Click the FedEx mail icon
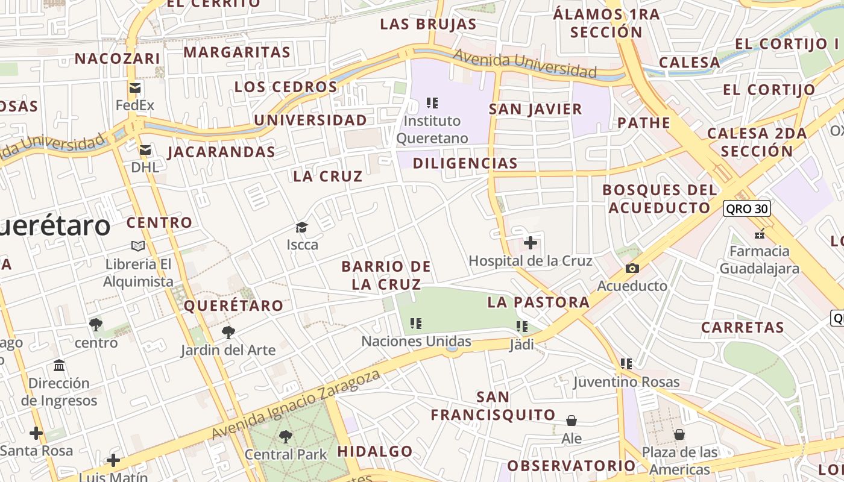tap(135, 88)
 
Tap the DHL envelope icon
tap(145, 150)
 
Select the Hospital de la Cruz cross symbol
tap(531, 243)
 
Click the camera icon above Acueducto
tap(632, 268)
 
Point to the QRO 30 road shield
tap(747, 208)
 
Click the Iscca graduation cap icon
tap(301, 227)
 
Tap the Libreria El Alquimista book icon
tap(138, 246)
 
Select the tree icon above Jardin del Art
tap(228, 332)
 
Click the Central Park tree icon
tap(286, 436)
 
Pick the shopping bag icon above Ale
tap(571, 420)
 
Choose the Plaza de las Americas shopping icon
tap(679, 434)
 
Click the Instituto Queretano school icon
tap(432, 102)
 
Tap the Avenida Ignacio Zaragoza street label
tap(296, 404)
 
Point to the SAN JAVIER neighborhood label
tap(535, 109)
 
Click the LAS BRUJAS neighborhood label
tap(428, 24)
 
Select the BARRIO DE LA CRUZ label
tap(386, 275)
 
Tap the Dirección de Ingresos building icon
tap(59, 365)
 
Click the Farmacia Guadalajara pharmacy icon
tap(760, 233)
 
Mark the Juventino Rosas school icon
tap(626, 363)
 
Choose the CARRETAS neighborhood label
tap(742, 328)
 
